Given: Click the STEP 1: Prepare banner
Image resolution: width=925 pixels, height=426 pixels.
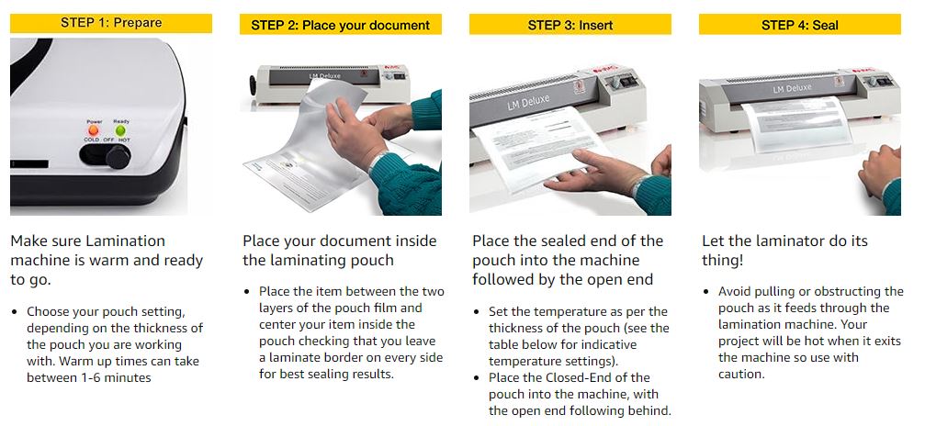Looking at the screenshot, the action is pyautogui.click(x=111, y=23).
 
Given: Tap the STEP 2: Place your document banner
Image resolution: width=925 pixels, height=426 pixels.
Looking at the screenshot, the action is pyautogui.click(x=341, y=25).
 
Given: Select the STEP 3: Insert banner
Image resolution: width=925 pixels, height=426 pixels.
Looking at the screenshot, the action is pyautogui.click(x=570, y=25).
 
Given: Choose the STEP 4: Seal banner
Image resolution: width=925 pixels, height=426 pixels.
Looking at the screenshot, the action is pyautogui.click(x=799, y=25).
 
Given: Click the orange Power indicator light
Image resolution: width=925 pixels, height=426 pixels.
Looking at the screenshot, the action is pyautogui.click(x=93, y=129).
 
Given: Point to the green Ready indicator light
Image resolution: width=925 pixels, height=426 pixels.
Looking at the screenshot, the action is pyautogui.click(x=121, y=129).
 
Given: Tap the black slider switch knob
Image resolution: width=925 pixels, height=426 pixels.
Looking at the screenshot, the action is pyautogui.click(x=118, y=157).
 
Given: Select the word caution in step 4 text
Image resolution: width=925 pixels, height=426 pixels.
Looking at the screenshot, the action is pyautogui.click(x=741, y=374).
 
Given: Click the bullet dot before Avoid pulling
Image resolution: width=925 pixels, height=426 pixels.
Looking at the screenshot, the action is pyautogui.click(x=706, y=292).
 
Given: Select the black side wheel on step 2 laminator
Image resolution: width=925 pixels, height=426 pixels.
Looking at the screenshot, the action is pyautogui.click(x=253, y=84).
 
